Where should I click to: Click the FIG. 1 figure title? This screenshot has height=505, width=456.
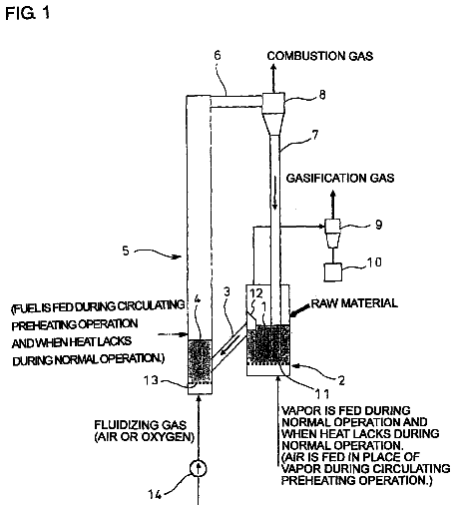pyautogui.click(x=27, y=13)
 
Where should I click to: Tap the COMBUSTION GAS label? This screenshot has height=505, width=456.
pyautogui.click(x=320, y=56)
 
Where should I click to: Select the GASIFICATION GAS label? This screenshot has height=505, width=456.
pyautogui.click(x=340, y=178)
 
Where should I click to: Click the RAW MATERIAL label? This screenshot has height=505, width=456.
pyautogui.click(x=354, y=303)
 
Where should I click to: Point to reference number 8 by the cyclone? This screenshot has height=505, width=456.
pyautogui.click(x=322, y=95)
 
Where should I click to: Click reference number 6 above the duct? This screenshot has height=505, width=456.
pyautogui.click(x=218, y=55)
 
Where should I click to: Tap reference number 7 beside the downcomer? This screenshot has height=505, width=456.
pyautogui.click(x=315, y=135)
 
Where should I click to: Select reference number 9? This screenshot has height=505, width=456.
pyautogui.click(x=379, y=225)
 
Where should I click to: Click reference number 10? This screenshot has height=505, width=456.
pyautogui.click(x=374, y=262)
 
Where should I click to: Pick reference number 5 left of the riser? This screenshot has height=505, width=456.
pyautogui.click(x=126, y=251)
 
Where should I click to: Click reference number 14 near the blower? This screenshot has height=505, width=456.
pyautogui.click(x=155, y=495)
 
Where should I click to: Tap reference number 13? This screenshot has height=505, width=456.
pyautogui.click(x=151, y=380)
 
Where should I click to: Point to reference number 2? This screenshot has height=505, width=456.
pyautogui.click(x=341, y=380)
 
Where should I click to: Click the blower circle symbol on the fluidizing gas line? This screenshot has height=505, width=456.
pyautogui.click(x=199, y=469)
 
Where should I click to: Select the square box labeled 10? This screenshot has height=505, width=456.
pyautogui.click(x=333, y=272)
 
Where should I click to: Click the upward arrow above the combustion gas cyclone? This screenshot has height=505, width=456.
pyautogui.click(x=273, y=78)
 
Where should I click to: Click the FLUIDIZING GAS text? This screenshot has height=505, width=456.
pyautogui.click(x=140, y=425)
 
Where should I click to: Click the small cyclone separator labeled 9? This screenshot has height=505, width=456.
pyautogui.click(x=332, y=234)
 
